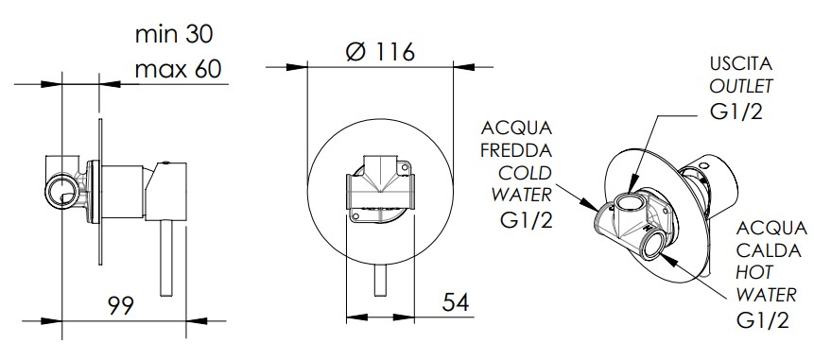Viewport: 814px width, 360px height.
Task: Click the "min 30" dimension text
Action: tap(174, 34)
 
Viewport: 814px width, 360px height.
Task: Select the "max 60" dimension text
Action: tap(178, 69)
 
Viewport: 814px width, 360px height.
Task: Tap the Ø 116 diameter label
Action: tap(380, 51)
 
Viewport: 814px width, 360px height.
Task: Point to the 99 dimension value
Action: tap(121, 305)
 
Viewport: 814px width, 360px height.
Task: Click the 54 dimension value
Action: tap(456, 302)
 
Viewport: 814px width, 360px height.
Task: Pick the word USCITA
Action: tap(741, 64)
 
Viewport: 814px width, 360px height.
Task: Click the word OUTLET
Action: tap(741, 86)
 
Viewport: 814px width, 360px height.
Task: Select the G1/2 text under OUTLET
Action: tap(736, 111)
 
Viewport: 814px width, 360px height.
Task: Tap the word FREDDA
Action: tap(516, 150)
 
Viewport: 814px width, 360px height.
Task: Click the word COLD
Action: tap(525, 173)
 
